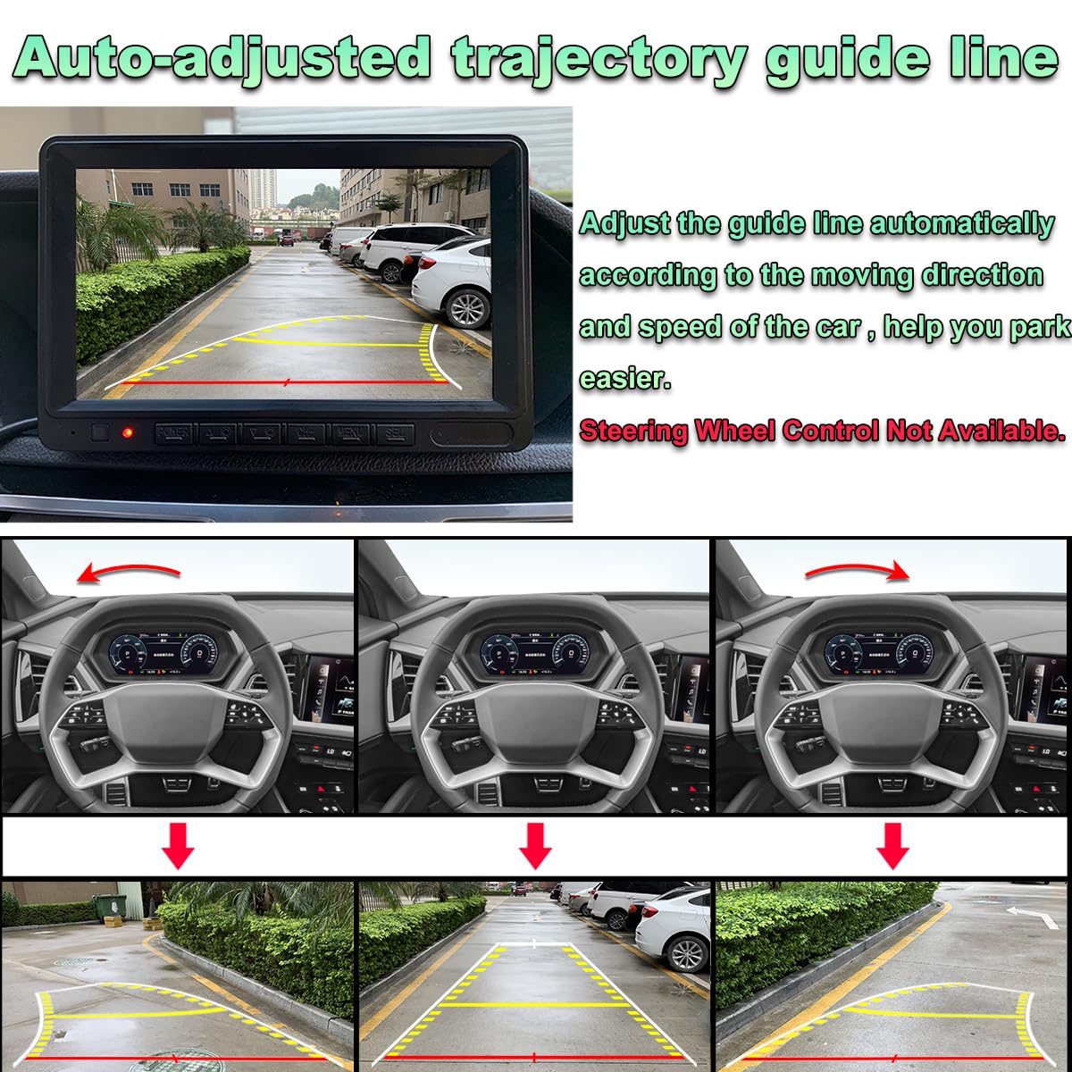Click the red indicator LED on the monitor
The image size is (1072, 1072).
(x=129, y=433)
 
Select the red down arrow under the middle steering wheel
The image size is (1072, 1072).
(x=535, y=845)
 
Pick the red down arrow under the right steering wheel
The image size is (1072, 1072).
(x=892, y=845)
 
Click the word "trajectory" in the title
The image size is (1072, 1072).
(x=599, y=59)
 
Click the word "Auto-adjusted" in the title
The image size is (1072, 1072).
(x=223, y=59)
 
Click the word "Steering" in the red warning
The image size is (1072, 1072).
(x=632, y=431)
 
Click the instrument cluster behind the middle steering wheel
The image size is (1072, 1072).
(x=534, y=650)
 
